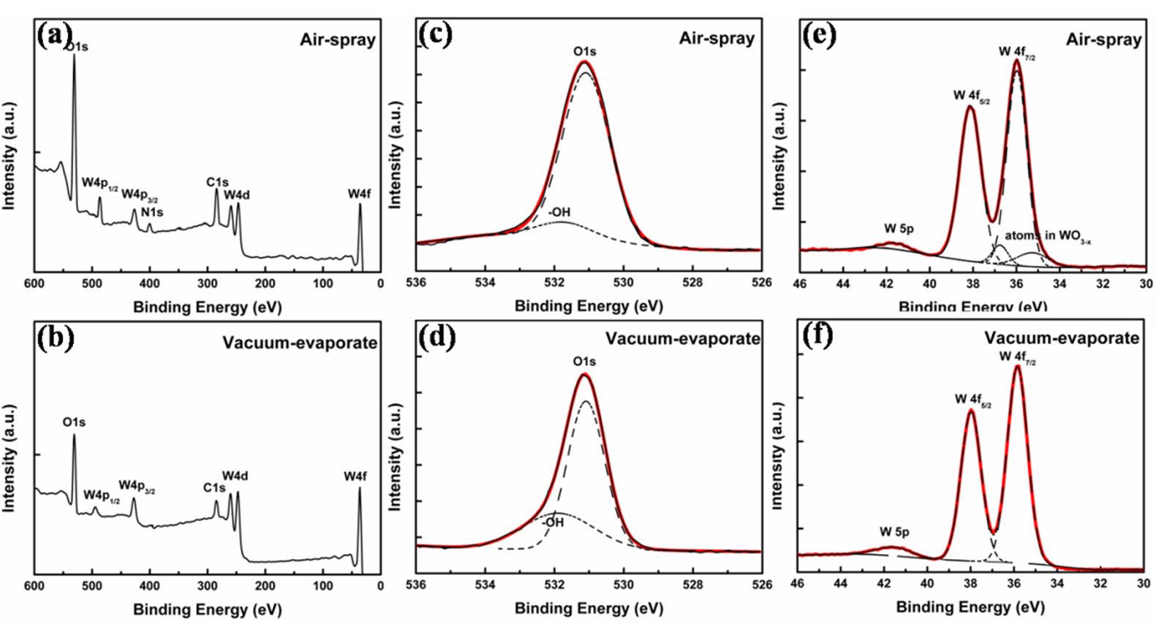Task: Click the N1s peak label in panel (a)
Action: [x=152, y=212]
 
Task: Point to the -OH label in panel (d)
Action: [x=553, y=522]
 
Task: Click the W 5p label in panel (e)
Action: [x=899, y=229]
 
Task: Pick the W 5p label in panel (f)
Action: [x=894, y=532]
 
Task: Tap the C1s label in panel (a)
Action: [x=216, y=182]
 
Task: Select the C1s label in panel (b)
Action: [x=214, y=487]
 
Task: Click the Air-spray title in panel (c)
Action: [x=717, y=38]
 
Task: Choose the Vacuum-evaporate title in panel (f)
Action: [x=1061, y=338]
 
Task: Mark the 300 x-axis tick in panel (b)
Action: [x=207, y=585]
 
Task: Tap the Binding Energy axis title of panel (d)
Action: [x=589, y=608]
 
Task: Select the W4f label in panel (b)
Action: [x=355, y=476]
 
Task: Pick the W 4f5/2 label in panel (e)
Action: [x=971, y=96]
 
